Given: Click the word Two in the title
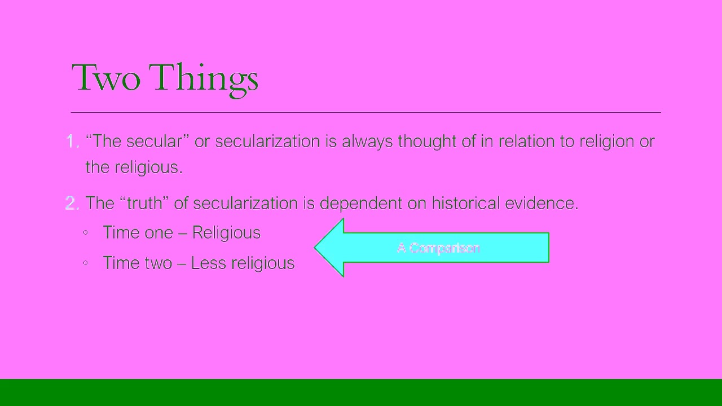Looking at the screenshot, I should click(x=105, y=77).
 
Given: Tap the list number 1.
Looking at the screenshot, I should click(x=72, y=141).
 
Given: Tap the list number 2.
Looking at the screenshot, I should click(x=72, y=203).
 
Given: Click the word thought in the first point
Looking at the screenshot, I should click(x=429, y=141).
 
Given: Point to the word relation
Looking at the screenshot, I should click(x=526, y=141).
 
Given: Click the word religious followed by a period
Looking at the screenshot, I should click(x=148, y=167).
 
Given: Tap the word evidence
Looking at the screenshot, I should click(x=541, y=203).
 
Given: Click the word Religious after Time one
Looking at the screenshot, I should click(x=226, y=233).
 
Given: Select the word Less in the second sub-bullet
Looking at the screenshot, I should click(x=208, y=263).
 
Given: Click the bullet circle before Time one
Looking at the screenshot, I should click(x=85, y=232).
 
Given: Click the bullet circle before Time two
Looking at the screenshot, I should click(x=85, y=262).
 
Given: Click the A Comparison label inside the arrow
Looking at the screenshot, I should click(x=438, y=248).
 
